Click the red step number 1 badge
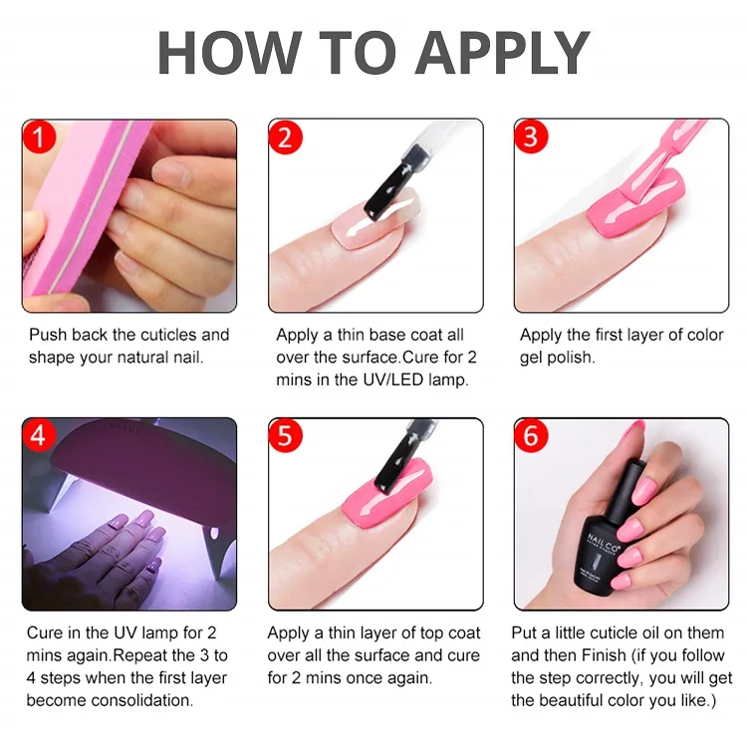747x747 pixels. [x=39, y=136]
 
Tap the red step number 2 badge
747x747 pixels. [x=286, y=137]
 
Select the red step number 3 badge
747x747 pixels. [x=531, y=136]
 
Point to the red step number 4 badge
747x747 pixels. [x=39, y=435]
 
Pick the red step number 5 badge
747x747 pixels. [x=286, y=435]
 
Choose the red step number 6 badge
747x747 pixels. [x=531, y=435]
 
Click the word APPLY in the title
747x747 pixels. [x=503, y=53]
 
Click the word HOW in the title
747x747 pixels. [x=229, y=53]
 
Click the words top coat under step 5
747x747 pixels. [x=450, y=633]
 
